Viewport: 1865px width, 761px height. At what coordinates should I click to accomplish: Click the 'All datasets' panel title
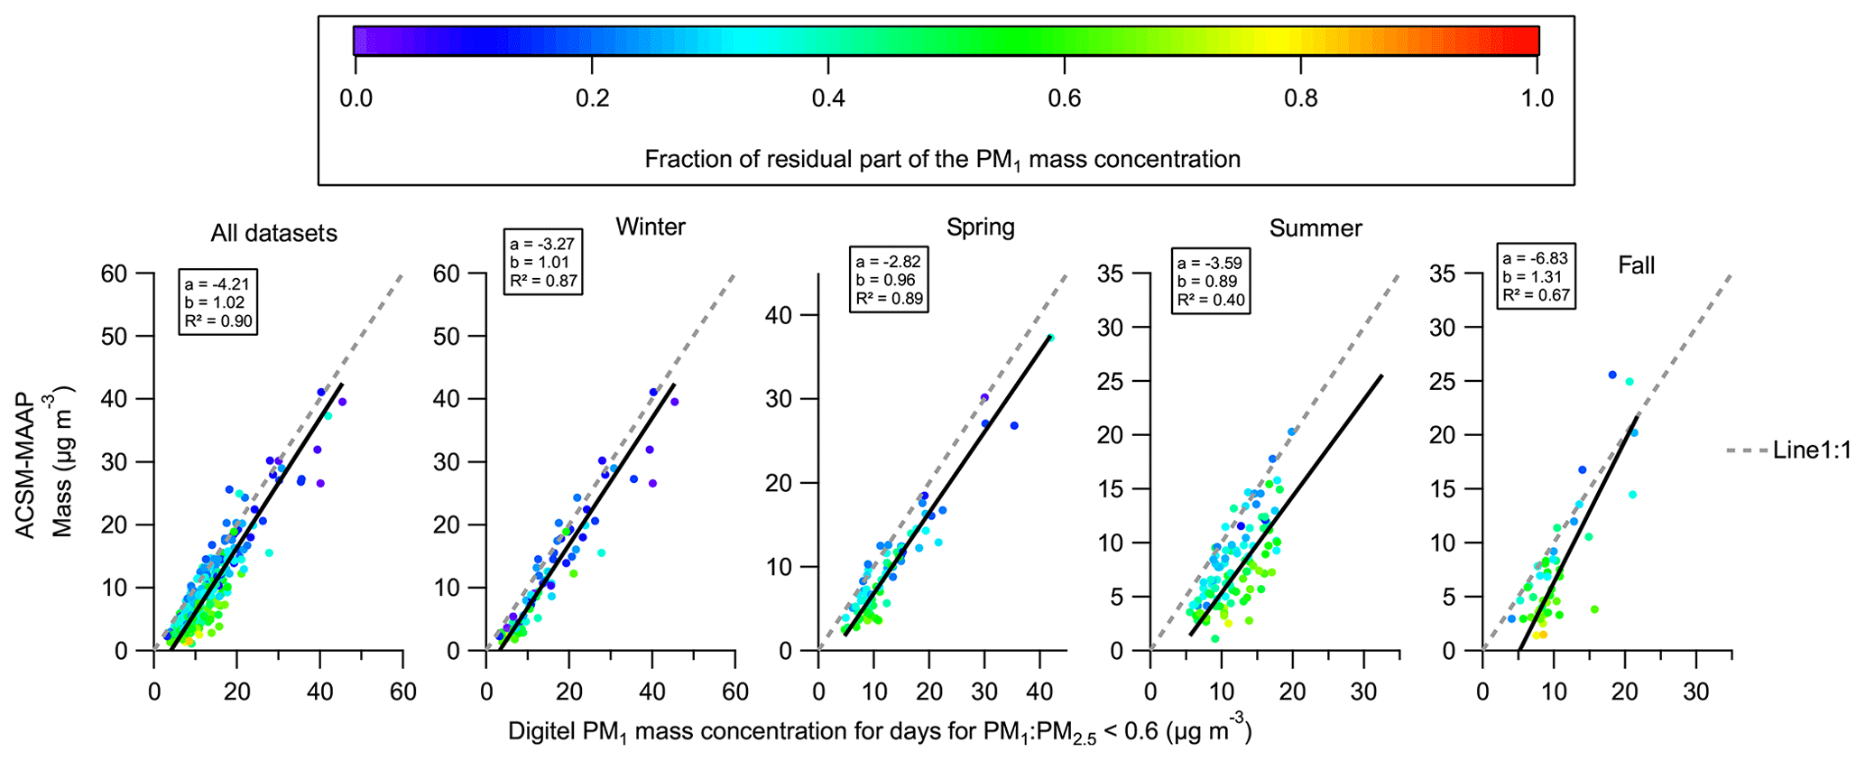tap(273, 234)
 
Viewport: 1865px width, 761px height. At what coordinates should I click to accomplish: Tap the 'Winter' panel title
tap(650, 227)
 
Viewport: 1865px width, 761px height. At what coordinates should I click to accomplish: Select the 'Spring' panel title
tap(980, 227)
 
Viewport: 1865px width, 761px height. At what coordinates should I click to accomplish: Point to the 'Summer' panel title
tap(1315, 228)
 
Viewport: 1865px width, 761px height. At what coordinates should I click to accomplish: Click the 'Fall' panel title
tap(1636, 265)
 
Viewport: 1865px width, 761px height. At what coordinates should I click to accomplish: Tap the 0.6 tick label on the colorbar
tap(1065, 97)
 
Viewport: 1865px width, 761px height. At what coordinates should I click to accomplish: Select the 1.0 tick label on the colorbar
tap(1537, 97)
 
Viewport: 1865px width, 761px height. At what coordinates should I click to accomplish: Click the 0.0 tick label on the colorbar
tap(355, 97)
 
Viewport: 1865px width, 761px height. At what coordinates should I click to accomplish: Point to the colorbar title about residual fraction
tap(942, 160)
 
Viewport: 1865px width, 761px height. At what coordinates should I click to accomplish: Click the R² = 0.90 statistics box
tap(217, 302)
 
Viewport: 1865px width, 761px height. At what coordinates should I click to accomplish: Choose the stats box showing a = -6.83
tap(1536, 276)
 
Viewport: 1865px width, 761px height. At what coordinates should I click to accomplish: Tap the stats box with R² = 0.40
tap(1212, 281)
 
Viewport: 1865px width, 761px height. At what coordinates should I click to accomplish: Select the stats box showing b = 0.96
tap(888, 280)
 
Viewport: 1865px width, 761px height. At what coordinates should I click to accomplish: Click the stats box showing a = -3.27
tap(541, 262)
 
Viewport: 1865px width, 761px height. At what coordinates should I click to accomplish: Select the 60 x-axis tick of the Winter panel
tap(735, 692)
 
